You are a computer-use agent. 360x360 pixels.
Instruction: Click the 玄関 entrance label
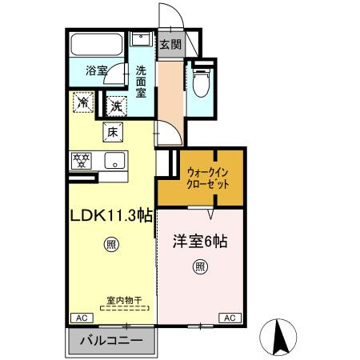(170, 45)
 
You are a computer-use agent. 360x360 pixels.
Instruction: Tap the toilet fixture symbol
(200, 82)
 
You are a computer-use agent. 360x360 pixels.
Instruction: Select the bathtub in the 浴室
(96, 44)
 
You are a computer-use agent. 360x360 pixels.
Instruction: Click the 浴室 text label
(97, 70)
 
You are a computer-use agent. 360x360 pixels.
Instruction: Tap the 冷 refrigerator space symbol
(83, 102)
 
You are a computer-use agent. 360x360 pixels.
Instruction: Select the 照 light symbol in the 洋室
(200, 266)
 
